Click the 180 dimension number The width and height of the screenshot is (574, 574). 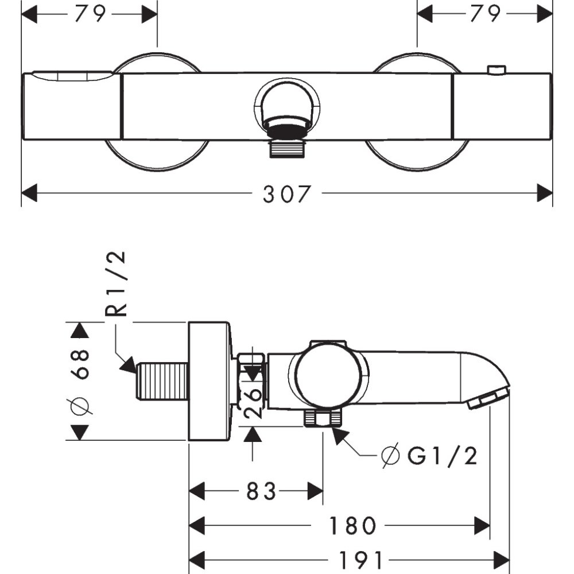[352, 525]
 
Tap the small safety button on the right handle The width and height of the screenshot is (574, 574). [495, 70]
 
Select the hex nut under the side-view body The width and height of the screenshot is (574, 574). [321, 418]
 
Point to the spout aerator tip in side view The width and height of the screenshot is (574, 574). [489, 398]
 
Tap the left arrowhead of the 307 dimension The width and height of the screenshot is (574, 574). [29, 194]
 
